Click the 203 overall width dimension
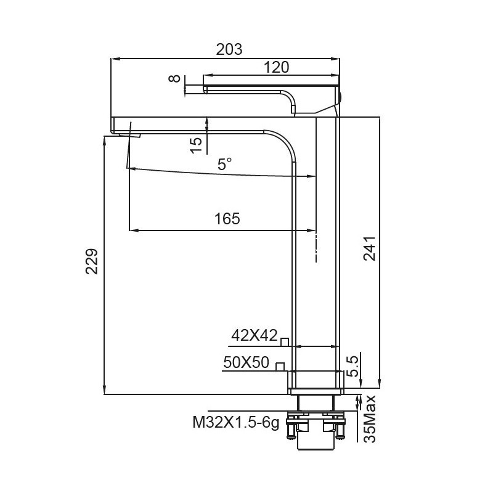tap(229, 49)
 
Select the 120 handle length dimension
tap(276, 67)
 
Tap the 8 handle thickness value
tap(175, 79)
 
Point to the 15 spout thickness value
tap(195, 144)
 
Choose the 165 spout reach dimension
tap(226, 219)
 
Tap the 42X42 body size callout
tap(253, 335)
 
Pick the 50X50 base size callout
tap(246, 363)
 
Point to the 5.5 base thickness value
tap(352, 365)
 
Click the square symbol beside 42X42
tap(285, 341)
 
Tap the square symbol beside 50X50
tap(280, 367)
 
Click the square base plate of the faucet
tap(315, 382)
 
